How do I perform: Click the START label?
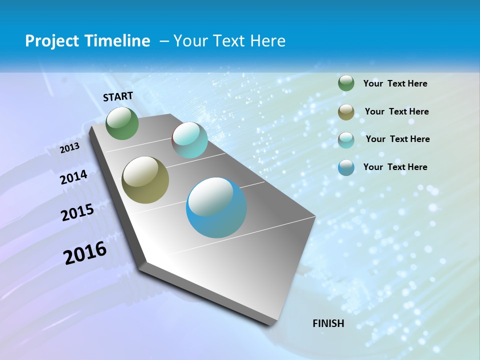(118, 96)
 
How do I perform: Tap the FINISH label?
(328, 323)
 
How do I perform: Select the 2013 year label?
(69, 148)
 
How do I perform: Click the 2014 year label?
(73, 177)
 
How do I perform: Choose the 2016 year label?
(85, 253)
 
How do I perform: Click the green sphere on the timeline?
(122, 123)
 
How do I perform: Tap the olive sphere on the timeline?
(145, 180)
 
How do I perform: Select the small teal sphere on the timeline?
(189, 140)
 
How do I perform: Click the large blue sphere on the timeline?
(216, 207)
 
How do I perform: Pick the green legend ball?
(346, 83)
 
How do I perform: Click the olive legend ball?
(346, 112)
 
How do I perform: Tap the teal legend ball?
(346, 139)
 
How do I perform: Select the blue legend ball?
(346, 167)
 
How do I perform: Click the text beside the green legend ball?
(395, 84)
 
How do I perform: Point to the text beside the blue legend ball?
(395, 167)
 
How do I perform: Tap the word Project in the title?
(52, 41)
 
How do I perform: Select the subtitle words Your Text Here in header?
(229, 41)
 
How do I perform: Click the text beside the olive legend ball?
(396, 111)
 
